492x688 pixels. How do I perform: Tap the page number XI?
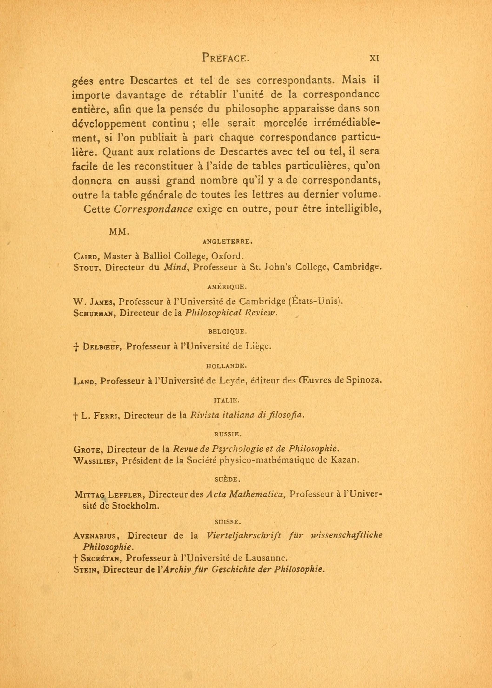tap(374, 58)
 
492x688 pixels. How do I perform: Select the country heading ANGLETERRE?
tap(227, 242)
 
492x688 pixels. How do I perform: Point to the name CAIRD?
tap(85, 256)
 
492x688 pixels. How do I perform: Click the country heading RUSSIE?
tap(227, 434)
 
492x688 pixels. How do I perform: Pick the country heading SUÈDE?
tap(227, 480)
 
